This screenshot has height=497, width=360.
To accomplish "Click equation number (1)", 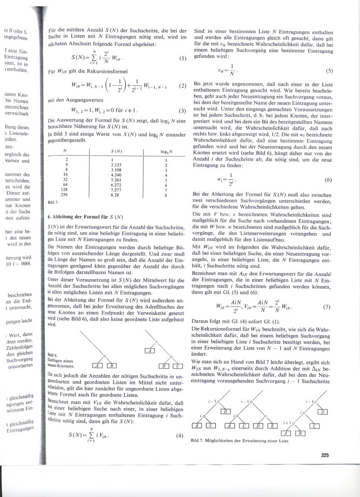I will [183, 59].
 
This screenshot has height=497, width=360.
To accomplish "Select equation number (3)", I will [183, 112].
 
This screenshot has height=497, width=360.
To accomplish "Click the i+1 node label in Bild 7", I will [287, 424].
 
